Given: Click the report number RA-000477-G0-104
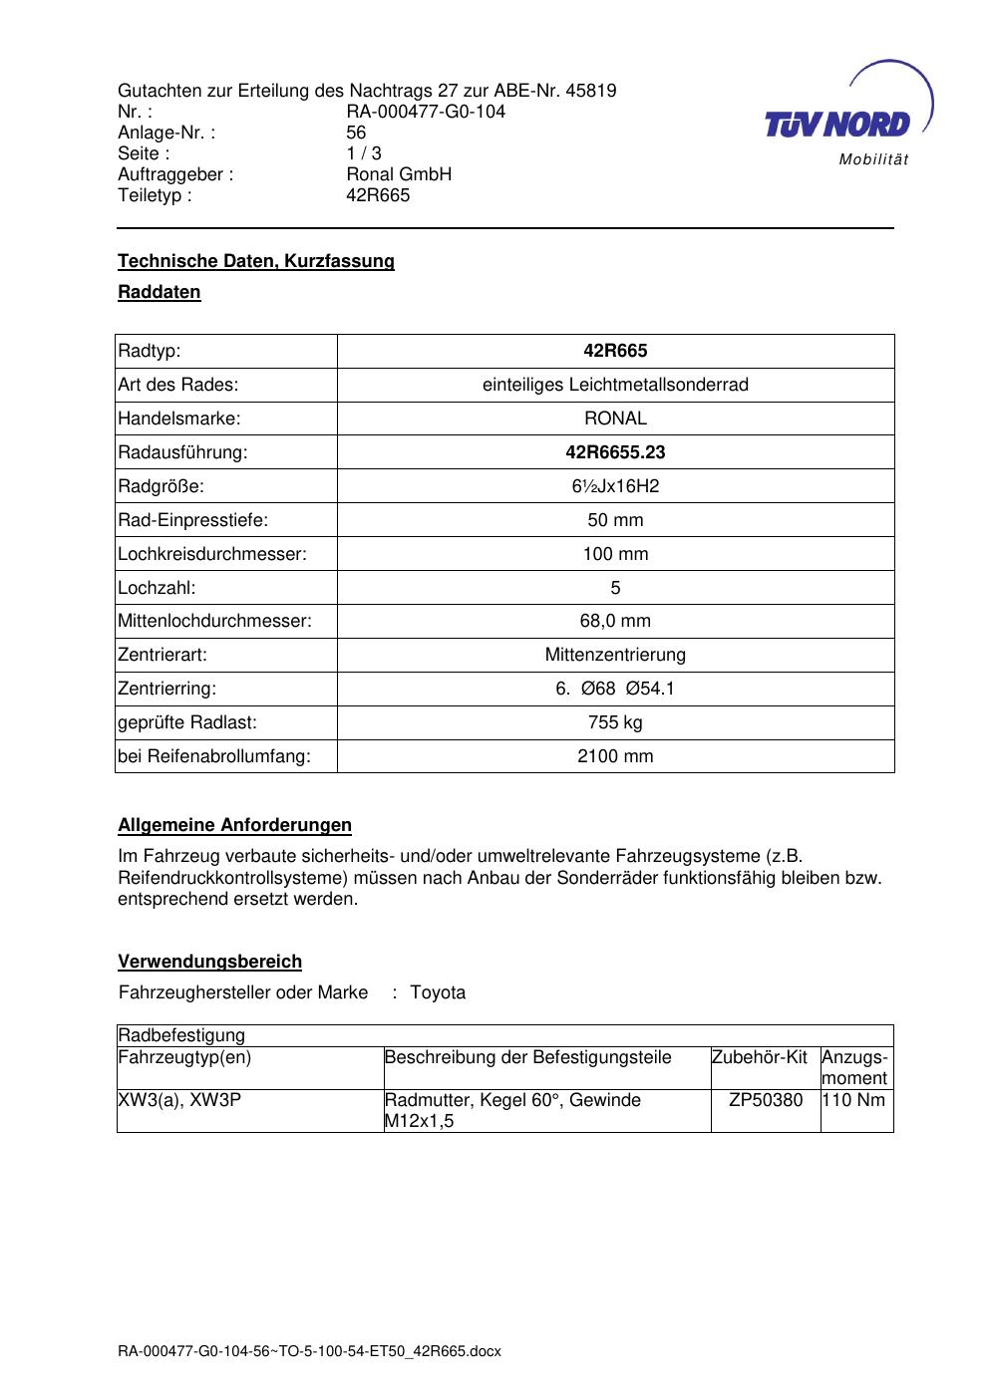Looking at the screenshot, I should [426, 112].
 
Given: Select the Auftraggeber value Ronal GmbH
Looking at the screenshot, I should [399, 174].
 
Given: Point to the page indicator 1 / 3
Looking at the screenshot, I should [364, 153].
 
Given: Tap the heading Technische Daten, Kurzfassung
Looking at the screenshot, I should [256, 261].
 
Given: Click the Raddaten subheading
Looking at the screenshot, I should [160, 292].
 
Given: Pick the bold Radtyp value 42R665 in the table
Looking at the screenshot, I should [615, 351].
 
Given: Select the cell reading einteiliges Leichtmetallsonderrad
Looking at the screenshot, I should [615, 385].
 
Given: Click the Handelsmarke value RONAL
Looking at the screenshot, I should [615, 419].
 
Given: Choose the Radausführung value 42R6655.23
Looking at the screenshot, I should [615, 452].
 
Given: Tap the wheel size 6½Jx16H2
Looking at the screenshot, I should [615, 486].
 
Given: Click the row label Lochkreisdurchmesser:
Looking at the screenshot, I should [212, 554].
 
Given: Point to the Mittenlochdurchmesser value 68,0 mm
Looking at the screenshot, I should [615, 621].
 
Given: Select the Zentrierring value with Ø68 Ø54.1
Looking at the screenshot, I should [615, 689].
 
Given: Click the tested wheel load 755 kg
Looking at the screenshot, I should [615, 722].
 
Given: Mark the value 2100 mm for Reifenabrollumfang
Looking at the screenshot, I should [615, 756].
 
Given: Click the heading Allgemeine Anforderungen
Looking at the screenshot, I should [234, 825].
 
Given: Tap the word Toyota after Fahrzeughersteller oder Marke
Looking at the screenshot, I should [438, 992].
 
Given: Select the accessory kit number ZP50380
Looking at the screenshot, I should [766, 1100].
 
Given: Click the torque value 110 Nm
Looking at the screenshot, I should [854, 1100].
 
